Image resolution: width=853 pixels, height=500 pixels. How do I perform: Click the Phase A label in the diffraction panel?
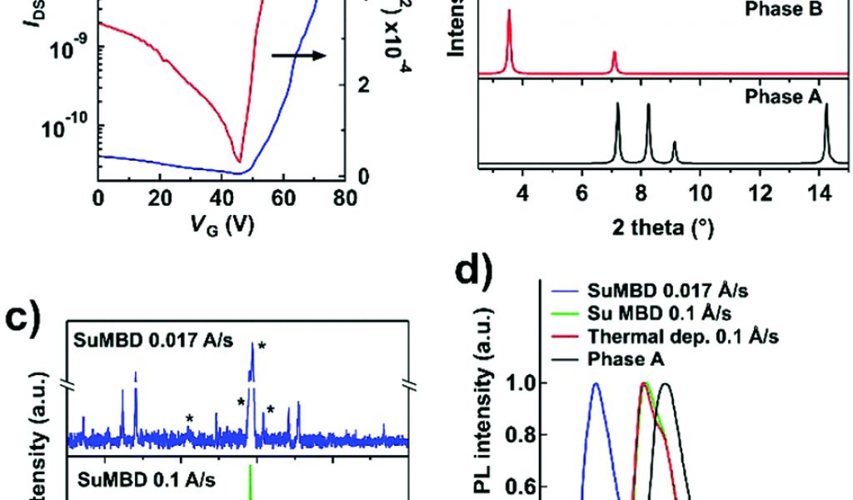(782, 96)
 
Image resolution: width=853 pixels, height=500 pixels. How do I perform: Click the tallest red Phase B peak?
(509, 12)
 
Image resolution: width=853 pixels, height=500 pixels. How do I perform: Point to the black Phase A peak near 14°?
(826, 106)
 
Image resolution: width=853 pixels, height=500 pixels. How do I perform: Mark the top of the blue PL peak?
(596, 384)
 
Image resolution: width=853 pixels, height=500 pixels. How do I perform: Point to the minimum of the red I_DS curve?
(239, 161)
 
